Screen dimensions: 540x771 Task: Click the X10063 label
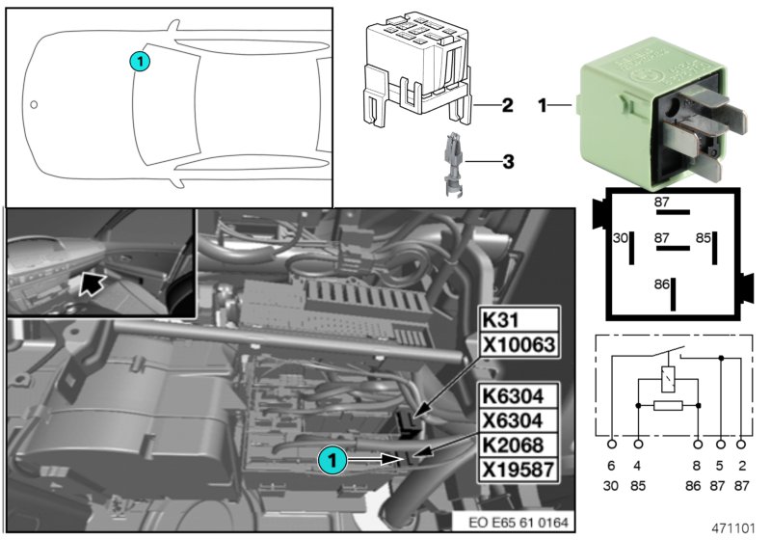(x=518, y=344)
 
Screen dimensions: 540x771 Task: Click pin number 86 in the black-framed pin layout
(x=661, y=284)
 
